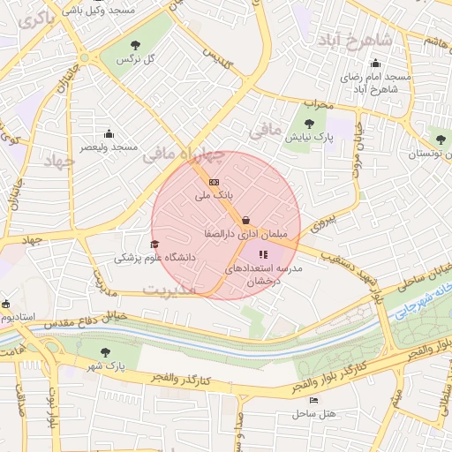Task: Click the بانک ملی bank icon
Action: pos(214,181)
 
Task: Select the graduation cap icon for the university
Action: pos(155,245)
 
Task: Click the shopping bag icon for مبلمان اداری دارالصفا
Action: pos(245,221)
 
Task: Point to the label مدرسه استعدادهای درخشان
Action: pos(266,273)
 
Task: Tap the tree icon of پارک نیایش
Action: pos(308,124)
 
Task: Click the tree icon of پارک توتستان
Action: pos(441,139)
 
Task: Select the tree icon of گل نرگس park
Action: pos(135,44)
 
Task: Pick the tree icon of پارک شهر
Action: pos(106,351)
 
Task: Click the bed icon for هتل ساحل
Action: pos(313,400)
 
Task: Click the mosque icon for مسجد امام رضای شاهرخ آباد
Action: pos(376,63)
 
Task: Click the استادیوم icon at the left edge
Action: pos(5,303)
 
